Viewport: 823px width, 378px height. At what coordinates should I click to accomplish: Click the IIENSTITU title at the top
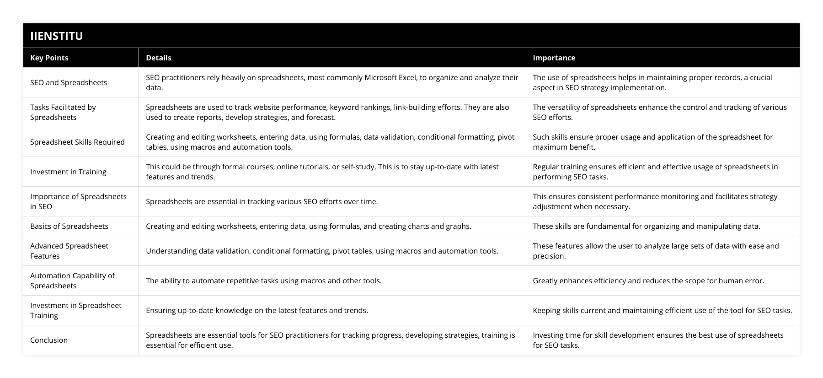click(56, 36)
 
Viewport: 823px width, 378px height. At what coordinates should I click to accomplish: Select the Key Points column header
click(49, 58)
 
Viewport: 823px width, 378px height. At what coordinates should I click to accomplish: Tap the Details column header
click(159, 58)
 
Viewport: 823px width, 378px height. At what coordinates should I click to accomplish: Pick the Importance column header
click(554, 58)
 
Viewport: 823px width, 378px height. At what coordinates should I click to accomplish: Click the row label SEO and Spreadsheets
click(69, 82)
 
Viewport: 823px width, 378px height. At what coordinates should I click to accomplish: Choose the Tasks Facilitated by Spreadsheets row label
click(63, 112)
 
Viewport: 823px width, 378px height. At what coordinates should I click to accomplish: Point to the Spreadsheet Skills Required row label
click(77, 142)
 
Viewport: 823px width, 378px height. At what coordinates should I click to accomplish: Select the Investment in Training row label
click(68, 172)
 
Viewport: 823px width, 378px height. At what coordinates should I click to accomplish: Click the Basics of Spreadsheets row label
click(69, 226)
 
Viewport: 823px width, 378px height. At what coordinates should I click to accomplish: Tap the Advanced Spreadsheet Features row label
click(69, 251)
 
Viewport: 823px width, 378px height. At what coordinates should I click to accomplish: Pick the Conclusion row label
click(49, 340)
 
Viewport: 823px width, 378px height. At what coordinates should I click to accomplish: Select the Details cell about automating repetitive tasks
click(263, 281)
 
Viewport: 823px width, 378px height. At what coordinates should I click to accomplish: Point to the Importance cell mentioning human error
click(648, 281)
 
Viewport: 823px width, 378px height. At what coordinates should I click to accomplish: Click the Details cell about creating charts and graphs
click(308, 226)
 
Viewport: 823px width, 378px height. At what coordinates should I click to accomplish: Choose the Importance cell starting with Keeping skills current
click(662, 310)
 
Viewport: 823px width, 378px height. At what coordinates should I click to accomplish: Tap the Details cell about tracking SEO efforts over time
click(262, 201)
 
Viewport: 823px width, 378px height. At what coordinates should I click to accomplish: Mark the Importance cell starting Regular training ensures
click(655, 172)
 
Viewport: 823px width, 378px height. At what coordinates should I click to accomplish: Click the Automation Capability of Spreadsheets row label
click(72, 281)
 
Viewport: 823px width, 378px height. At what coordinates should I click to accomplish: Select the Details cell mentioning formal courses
click(322, 172)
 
